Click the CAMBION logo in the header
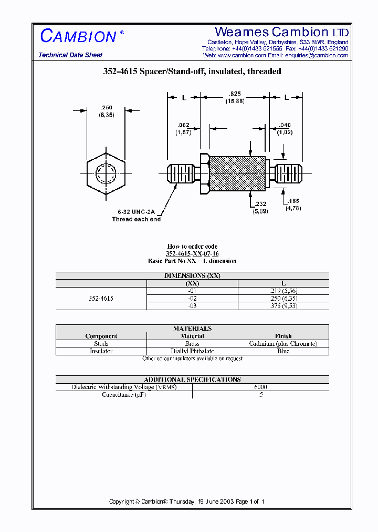(x=79, y=36)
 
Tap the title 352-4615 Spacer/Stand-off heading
(x=192, y=71)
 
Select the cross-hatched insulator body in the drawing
(x=237, y=173)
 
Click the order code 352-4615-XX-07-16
(x=192, y=253)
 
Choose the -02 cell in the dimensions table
(x=192, y=298)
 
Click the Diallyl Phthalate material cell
(x=192, y=351)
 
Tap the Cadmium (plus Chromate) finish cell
(x=283, y=343)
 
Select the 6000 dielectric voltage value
(x=260, y=387)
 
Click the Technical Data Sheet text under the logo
(x=70, y=55)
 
